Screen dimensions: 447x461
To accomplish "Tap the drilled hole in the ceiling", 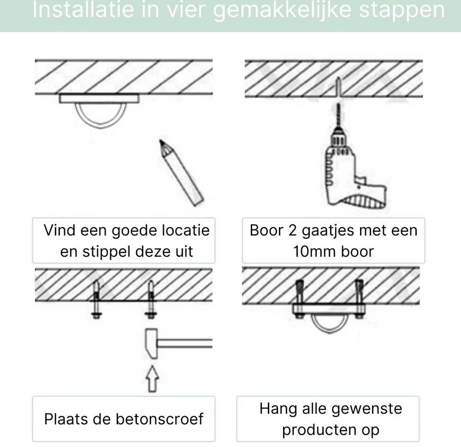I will pos(338,87).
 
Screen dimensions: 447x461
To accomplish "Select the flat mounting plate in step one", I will pos(99,99).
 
